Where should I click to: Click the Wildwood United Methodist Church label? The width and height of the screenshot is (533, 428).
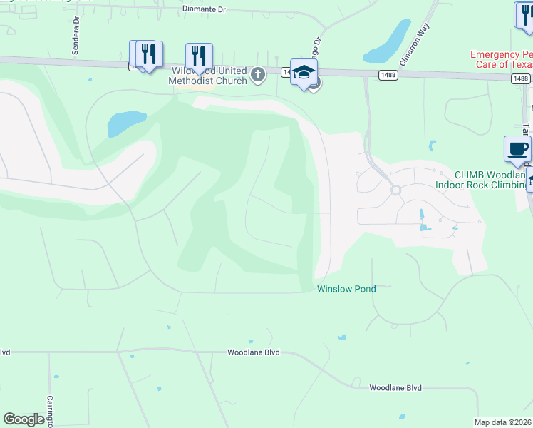[207, 76]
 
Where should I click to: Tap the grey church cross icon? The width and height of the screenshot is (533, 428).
[258, 74]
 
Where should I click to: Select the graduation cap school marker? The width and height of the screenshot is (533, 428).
[304, 72]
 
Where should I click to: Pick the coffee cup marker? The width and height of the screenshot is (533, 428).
[517, 149]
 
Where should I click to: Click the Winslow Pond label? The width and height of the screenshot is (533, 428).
[346, 289]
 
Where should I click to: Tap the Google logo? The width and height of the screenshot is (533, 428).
[24, 419]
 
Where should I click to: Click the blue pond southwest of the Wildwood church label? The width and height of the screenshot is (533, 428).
[126, 123]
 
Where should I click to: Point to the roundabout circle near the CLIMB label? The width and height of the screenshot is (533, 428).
[396, 190]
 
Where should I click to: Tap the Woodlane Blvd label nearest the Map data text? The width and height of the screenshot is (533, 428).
[395, 388]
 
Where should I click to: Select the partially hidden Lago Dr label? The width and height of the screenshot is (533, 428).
[318, 50]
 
